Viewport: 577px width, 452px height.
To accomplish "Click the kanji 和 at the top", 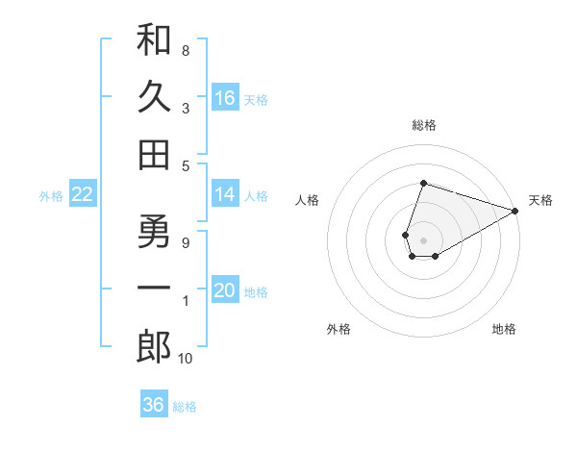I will pos(154,41).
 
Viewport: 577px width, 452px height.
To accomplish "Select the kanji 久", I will pos(154,97).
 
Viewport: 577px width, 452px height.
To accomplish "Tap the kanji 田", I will pos(154,154).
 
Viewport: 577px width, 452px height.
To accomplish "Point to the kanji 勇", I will pos(154,233).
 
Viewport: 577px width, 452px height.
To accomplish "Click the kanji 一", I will pos(154,289).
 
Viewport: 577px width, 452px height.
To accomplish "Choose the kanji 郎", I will pos(154,346).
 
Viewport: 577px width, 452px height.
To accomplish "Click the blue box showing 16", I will pos(225,98).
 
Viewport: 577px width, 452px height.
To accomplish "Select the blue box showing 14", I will pos(225,195).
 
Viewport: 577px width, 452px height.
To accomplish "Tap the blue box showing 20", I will pos(225,291).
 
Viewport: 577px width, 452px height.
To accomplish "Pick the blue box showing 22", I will pos(82,195).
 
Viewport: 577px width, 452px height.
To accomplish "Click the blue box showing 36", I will pos(154,405).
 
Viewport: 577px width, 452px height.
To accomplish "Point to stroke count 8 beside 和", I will pos(186,50).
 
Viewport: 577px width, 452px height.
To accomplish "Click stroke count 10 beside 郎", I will pos(186,359).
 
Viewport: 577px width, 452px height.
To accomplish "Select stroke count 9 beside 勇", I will pos(186,242).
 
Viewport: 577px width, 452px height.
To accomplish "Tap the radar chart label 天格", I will pos(540,200).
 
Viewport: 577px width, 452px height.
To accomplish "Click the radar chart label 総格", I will pos(423,125).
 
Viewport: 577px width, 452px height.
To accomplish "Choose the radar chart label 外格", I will pos(339,329).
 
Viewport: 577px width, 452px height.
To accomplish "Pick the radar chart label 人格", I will pos(308,200).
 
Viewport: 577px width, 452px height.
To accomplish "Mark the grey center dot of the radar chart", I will pos(423,239).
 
